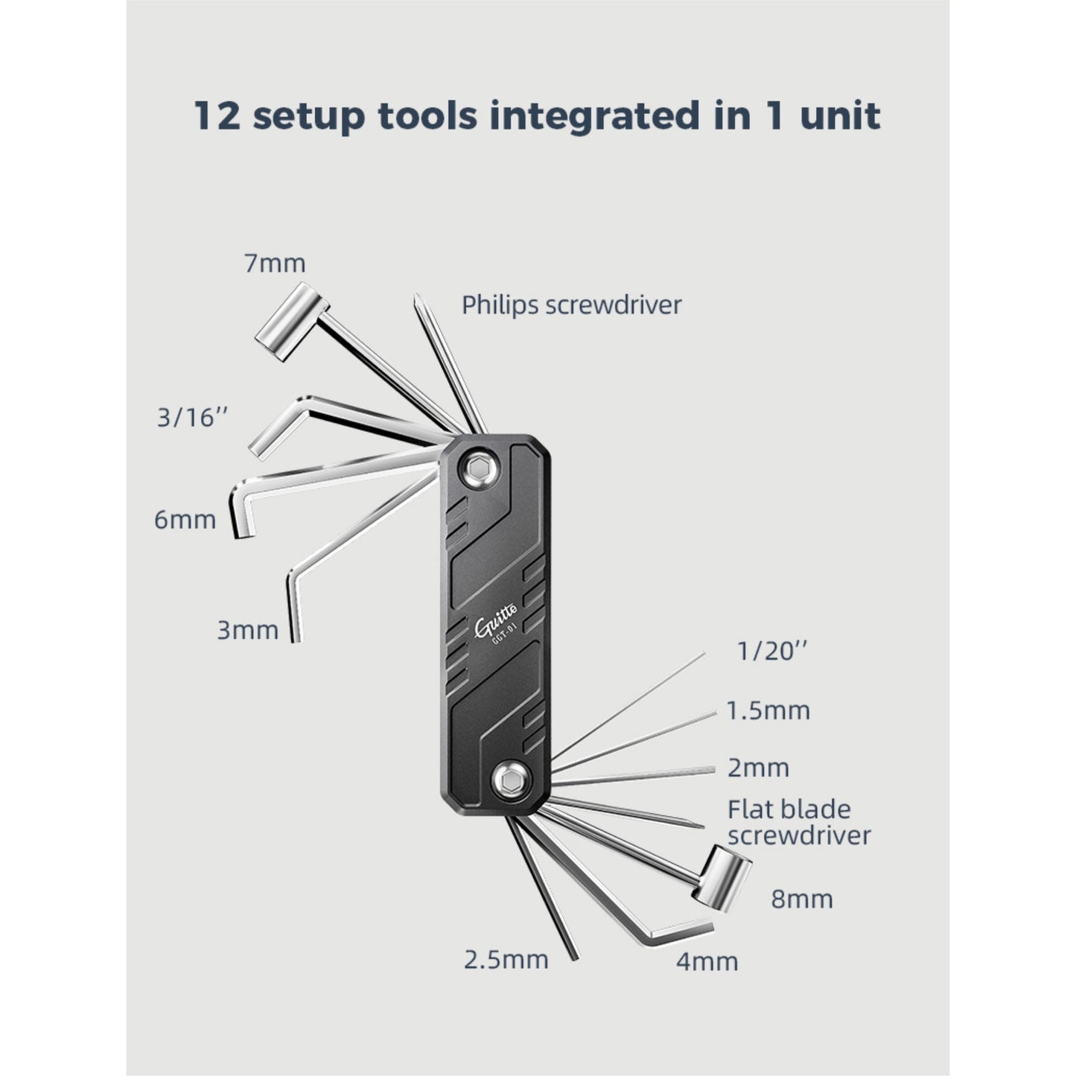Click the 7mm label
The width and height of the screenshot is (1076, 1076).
tap(275, 264)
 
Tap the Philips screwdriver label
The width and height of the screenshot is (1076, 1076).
tap(571, 305)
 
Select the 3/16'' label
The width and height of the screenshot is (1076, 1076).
tap(191, 418)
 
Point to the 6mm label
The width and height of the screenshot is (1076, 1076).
tap(185, 519)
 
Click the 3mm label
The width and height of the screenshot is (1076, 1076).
tap(247, 630)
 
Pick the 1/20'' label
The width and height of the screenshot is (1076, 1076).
tap(771, 652)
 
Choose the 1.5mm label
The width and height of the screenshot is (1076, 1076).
tap(768, 710)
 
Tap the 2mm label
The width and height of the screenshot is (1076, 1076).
tap(757, 768)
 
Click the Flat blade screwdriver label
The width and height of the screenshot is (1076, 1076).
tap(798, 822)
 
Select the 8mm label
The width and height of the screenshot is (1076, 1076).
tap(801, 899)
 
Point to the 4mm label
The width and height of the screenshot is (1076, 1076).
tap(707, 961)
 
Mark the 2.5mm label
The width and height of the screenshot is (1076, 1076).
tap(506, 959)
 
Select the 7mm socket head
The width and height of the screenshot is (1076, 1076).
tap(291, 322)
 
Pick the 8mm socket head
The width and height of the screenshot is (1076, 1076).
tap(722, 874)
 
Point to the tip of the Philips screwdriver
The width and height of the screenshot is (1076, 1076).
tap(418, 299)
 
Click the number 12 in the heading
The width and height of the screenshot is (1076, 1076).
tap(217, 116)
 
